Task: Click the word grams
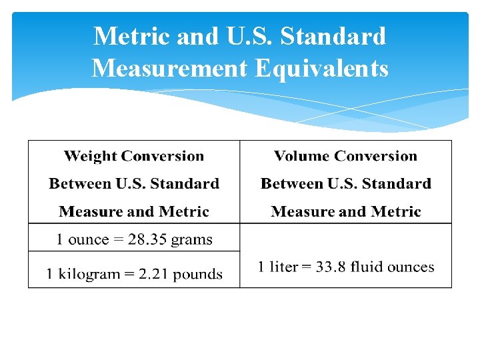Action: tap(190, 240)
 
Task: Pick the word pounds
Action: tap(197, 274)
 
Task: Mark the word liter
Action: tap(283, 267)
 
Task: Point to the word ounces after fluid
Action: tap(411, 267)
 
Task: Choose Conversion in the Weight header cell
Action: tap(163, 157)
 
